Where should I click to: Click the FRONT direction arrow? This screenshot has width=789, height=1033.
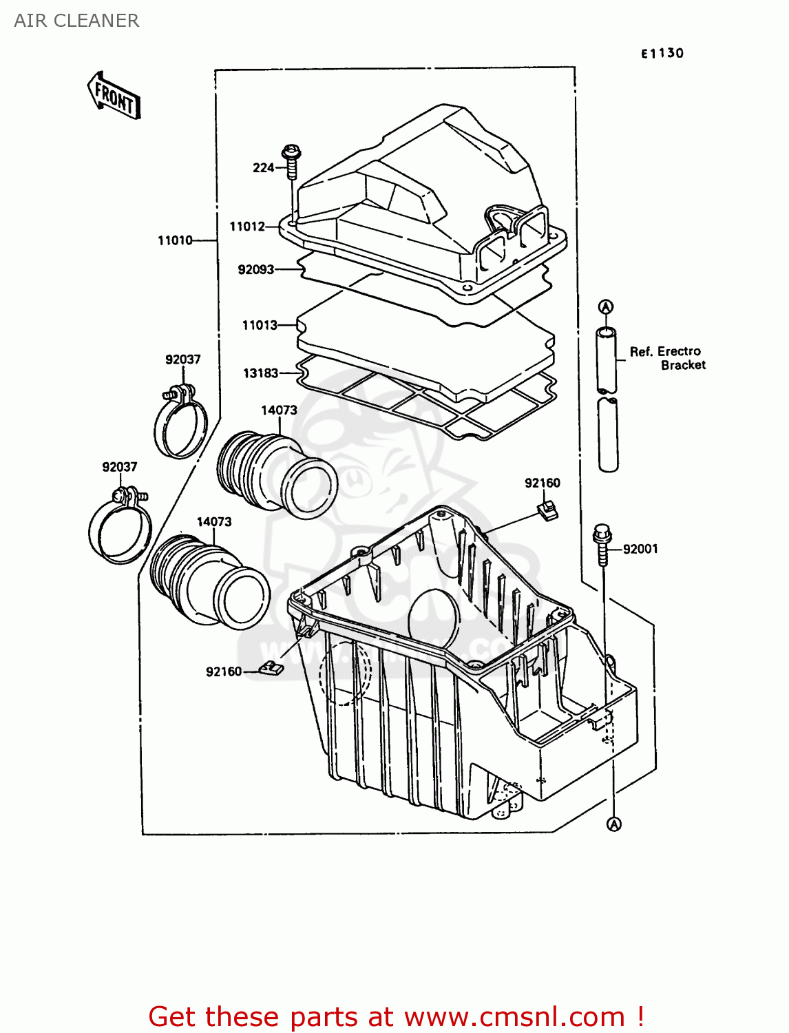click(114, 96)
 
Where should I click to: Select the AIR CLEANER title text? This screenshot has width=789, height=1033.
click(76, 21)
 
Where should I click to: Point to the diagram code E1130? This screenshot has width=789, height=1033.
click(662, 53)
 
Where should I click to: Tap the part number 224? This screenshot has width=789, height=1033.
click(263, 167)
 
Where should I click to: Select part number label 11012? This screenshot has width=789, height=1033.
click(246, 227)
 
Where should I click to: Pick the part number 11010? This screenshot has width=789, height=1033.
click(175, 240)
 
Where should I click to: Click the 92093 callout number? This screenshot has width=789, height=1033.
click(255, 269)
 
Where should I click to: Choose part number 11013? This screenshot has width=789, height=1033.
click(260, 325)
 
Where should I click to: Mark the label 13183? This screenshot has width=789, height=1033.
click(260, 373)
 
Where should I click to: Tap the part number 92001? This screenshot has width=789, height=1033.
click(640, 549)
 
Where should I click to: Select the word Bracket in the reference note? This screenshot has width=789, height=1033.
click(683, 365)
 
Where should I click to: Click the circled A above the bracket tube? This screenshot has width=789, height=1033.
click(605, 306)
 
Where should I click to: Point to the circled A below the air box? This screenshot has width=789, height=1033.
click(614, 824)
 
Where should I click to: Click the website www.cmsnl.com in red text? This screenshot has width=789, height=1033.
click(514, 1016)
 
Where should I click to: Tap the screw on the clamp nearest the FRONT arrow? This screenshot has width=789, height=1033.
click(168, 395)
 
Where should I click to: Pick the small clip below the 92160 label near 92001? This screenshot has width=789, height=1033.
click(547, 510)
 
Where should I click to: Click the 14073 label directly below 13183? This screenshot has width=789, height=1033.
click(279, 410)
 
